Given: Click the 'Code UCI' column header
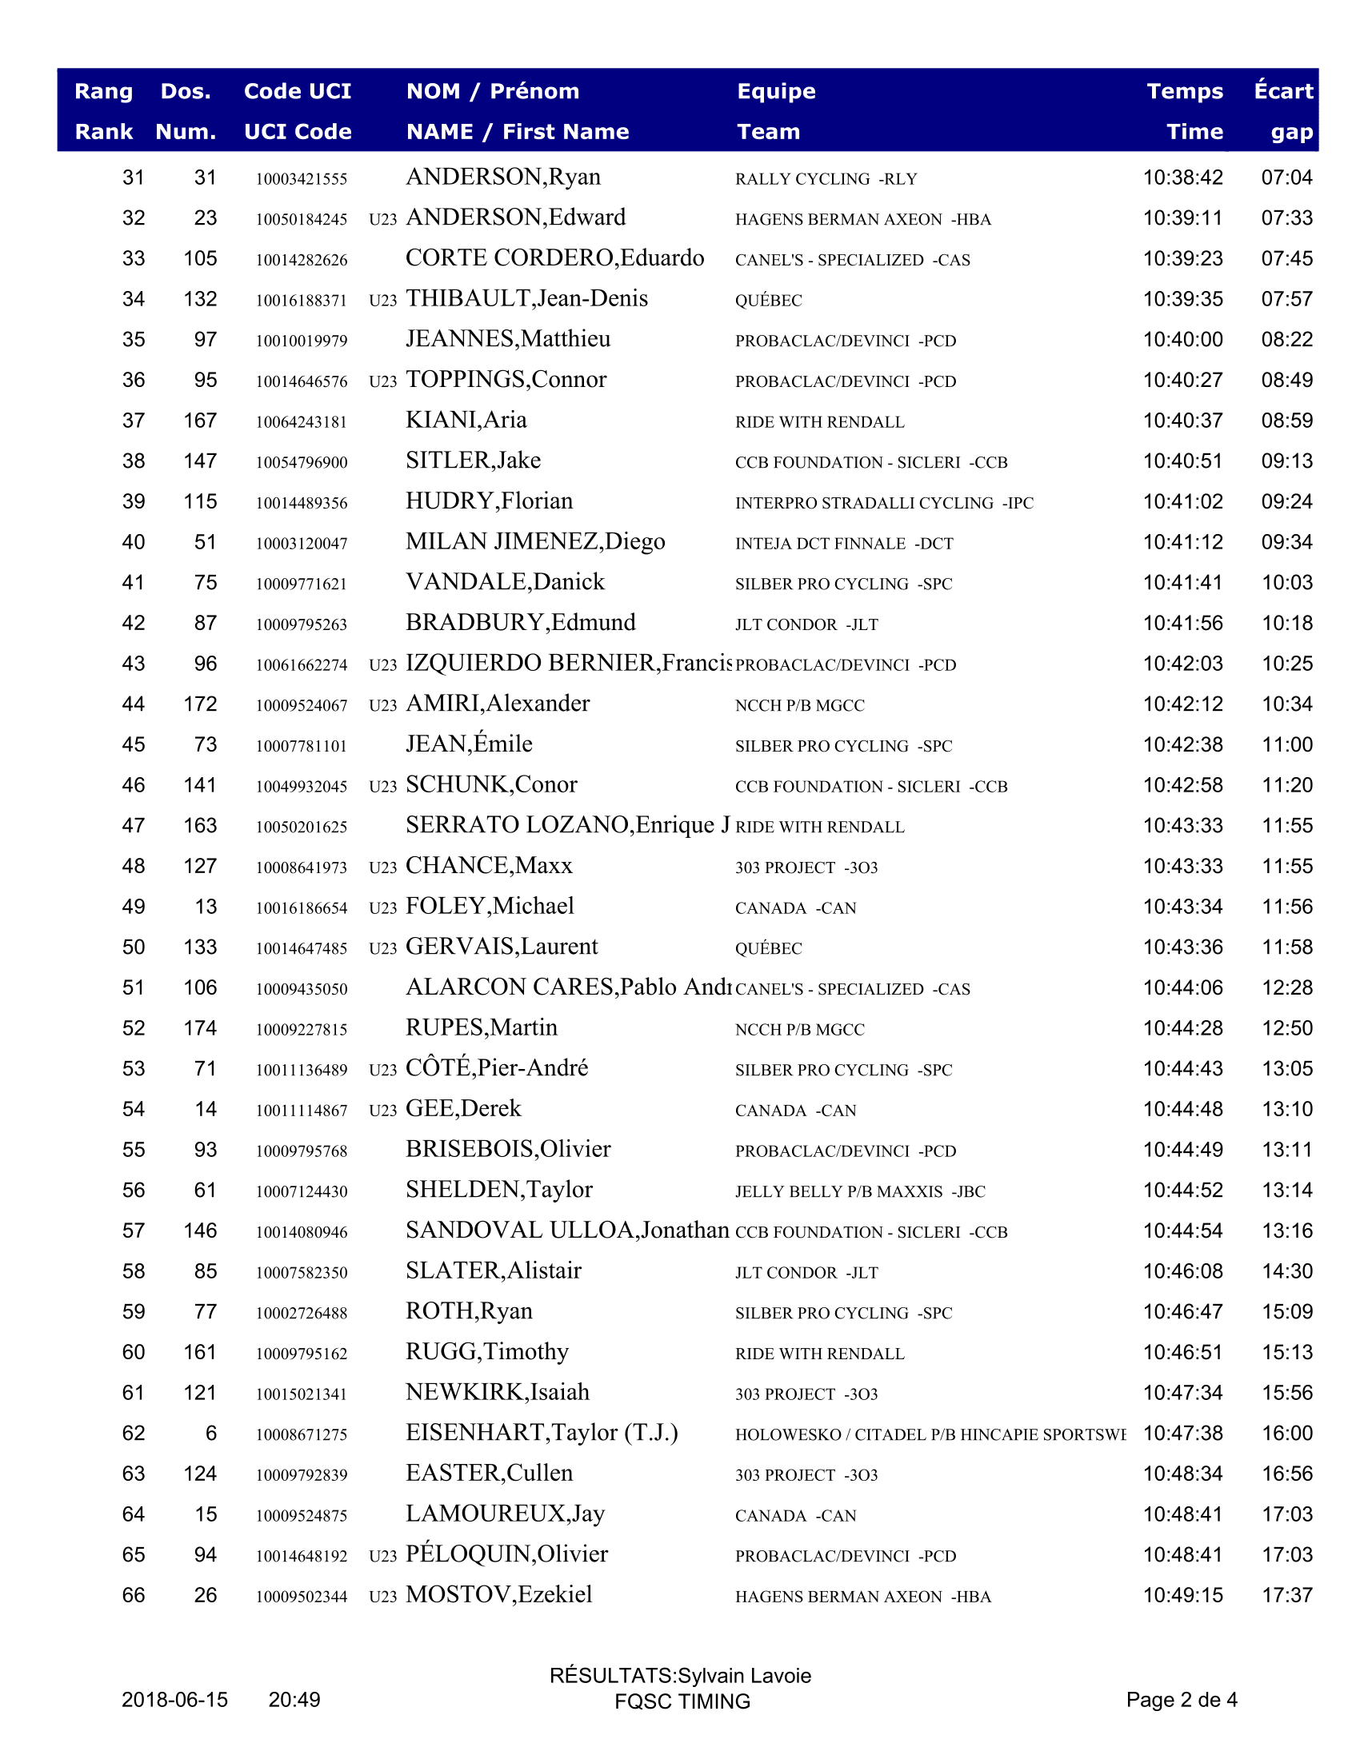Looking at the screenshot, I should [298, 91].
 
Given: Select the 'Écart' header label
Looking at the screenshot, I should [1282, 91].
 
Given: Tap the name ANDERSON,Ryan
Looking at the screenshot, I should [502, 177].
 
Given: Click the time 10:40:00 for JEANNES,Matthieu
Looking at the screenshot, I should [1182, 339].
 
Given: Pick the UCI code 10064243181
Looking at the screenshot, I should [302, 421].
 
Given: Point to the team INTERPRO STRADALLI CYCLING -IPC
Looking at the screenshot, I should [884, 503].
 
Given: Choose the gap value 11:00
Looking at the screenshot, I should [1286, 744].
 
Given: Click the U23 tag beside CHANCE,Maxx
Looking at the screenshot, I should [382, 868].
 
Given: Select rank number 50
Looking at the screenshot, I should [134, 947].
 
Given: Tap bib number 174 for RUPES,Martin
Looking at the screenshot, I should [200, 1027].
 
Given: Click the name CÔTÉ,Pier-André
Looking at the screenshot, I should [496, 1068].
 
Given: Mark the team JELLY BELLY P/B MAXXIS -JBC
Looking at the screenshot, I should [860, 1191].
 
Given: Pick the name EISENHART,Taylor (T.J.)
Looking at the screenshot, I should [542, 1433].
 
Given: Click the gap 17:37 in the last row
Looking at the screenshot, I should [1286, 1595].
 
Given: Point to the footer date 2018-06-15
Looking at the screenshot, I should [175, 1699].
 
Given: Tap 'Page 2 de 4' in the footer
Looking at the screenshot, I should [1181, 1699].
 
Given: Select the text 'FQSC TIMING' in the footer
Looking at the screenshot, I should [682, 1701].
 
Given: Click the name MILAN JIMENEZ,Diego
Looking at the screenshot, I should [535, 542].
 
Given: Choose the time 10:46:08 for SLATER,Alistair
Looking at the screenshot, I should [1182, 1271].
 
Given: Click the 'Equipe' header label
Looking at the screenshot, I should [776, 91].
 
